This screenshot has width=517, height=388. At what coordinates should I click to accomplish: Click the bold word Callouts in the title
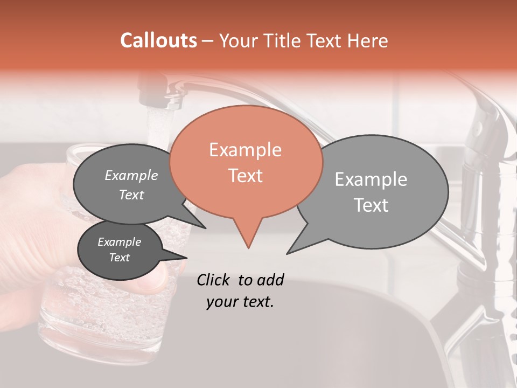(158, 40)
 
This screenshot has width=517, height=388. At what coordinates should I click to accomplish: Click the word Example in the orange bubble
(245, 150)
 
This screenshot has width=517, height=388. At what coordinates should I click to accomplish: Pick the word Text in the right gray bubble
(371, 205)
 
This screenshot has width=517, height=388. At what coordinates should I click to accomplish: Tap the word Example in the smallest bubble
(119, 242)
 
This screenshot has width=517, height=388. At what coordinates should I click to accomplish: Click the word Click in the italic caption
(214, 280)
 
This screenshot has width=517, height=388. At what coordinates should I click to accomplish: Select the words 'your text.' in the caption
(240, 302)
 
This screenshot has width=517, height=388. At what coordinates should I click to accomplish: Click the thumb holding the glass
(153, 278)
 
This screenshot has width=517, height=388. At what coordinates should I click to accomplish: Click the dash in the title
(208, 41)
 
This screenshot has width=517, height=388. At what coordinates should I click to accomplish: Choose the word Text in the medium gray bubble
(131, 195)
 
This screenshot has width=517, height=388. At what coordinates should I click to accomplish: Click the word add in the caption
(270, 280)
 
